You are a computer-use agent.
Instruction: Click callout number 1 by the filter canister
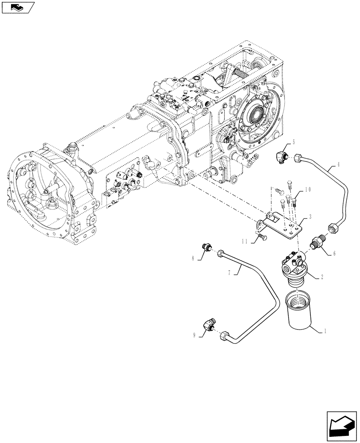coord(327,330)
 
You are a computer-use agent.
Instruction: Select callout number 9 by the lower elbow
coord(193,336)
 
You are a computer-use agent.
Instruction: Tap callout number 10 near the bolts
coord(307,190)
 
